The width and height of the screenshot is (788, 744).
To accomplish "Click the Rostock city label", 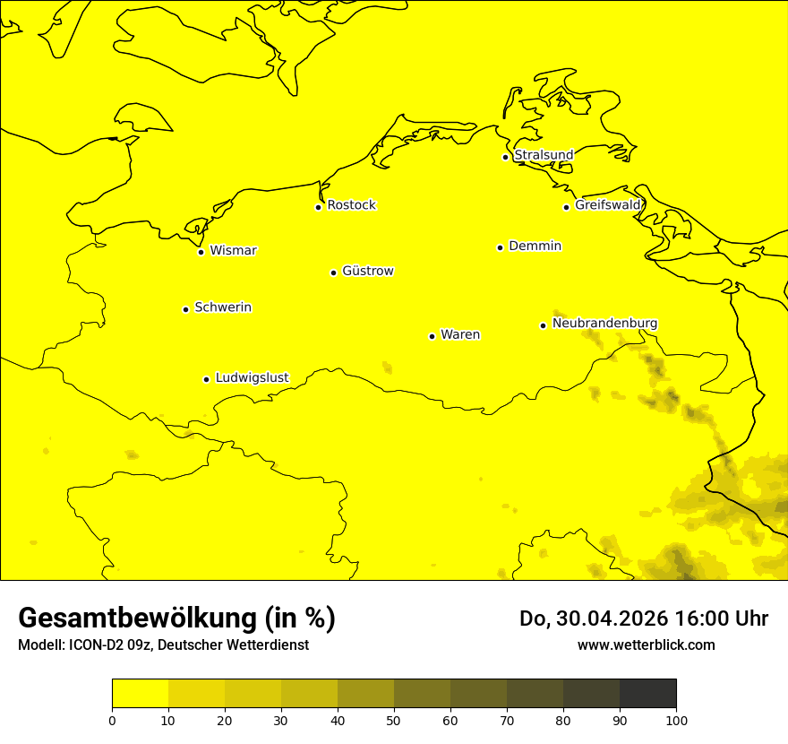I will [x=351, y=205].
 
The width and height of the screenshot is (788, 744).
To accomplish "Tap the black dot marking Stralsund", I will [x=505, y=157].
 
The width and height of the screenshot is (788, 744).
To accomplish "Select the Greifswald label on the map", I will [x=608, y=205].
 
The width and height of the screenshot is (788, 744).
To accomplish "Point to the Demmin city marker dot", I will [x=500, y=247].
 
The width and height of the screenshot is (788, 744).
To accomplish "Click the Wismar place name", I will [x=233, y=250].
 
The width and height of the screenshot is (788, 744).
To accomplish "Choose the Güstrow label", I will [x=367, y=271].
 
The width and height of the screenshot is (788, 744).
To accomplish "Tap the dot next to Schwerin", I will [x=185, y=309].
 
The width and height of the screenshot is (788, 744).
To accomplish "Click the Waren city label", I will [x=460, y=334].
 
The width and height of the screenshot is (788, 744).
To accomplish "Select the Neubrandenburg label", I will [x=604, y=323].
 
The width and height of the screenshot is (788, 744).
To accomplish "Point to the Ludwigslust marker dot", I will [x=206, y=379].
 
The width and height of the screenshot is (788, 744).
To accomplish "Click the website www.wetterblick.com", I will [x=646, y=645].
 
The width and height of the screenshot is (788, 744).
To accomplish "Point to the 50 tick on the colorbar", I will [x=394, y=720].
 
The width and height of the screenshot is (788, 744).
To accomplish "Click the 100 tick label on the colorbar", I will [x=676, y=720].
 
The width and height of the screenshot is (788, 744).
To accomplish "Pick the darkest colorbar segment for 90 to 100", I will [x=647, y=694].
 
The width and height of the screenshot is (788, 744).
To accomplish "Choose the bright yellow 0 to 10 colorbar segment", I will [x=140, y=694].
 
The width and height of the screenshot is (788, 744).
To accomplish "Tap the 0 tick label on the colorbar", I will [x=112, y=720].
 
